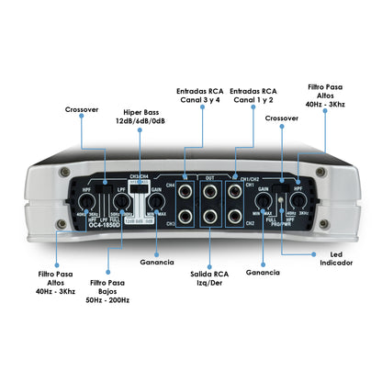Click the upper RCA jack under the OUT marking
[210, 193]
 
